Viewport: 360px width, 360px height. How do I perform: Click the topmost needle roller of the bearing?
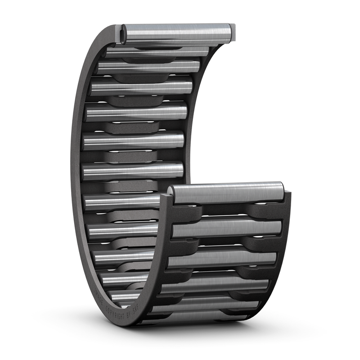click(178, 32)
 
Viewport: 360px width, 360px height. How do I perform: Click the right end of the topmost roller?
click(230, 31)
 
